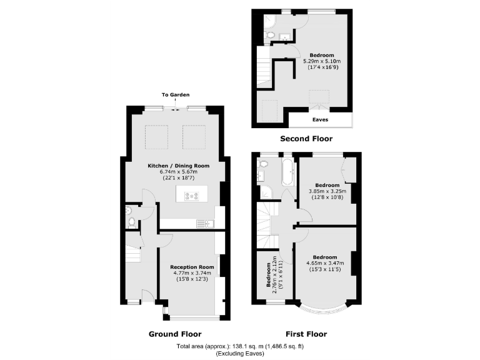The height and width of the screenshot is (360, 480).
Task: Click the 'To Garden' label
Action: pyautogui.click(x=174, y=95)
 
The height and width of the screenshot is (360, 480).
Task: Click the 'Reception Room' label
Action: pyautogui.click(x=192, y=267)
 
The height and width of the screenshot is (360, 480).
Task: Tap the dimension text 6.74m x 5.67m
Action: pyautogui.click(x=177, y=172)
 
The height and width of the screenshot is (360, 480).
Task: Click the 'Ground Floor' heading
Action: pyautogui.click(x=174, y=334)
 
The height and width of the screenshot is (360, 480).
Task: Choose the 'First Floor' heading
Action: pyautogui.click(x=306, y=334)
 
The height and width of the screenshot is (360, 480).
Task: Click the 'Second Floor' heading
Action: pyautogui.click(x=306, y=139)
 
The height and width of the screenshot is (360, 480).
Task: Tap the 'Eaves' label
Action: pyautogui.click(x=320, y=119)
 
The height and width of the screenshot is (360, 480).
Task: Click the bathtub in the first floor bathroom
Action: pyautogui.click(x=288, y=172)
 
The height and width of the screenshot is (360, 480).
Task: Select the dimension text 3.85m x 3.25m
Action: pyautogui.click(x=327, y=191)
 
